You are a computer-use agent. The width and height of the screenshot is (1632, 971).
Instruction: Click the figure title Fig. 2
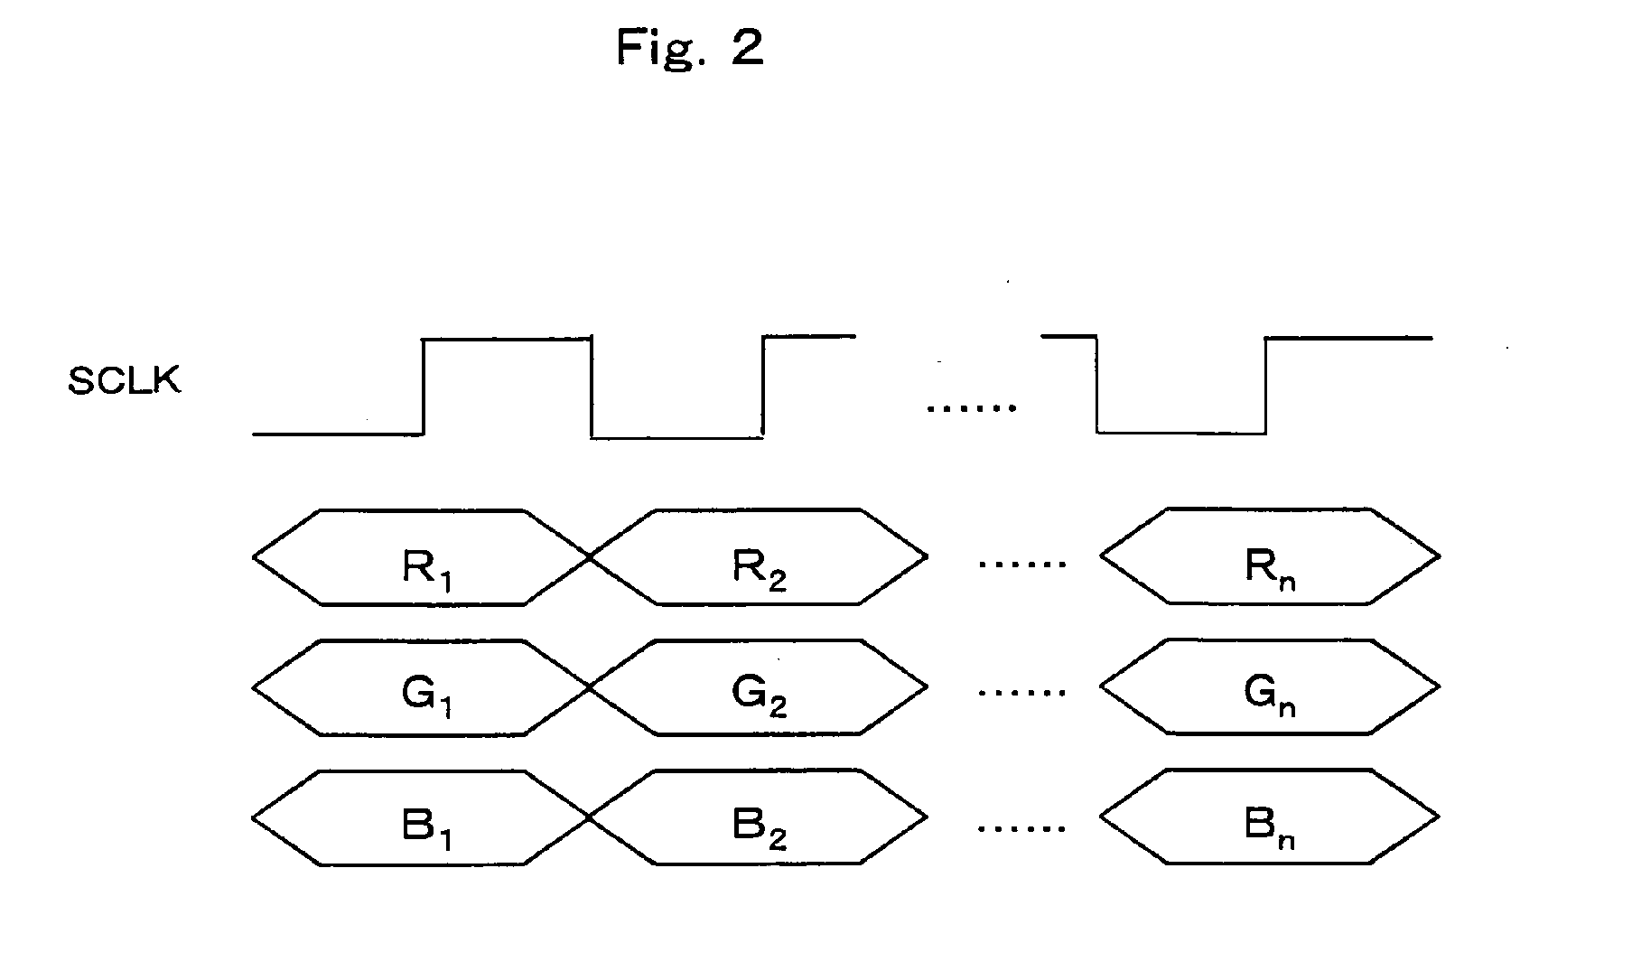690,47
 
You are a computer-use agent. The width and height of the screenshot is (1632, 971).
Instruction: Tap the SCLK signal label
125,381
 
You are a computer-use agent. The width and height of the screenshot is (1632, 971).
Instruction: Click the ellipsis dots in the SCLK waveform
972,408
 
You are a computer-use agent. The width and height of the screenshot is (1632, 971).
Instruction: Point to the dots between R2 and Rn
1022,564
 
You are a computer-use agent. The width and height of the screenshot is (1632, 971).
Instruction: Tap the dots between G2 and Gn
1022,694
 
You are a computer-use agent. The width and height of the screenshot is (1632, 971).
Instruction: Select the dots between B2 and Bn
1022,826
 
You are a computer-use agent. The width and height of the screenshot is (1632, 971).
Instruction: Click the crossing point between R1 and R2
590,557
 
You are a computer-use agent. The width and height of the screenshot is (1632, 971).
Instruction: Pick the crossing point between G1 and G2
590,688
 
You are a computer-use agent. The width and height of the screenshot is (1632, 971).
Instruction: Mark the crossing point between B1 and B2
590,818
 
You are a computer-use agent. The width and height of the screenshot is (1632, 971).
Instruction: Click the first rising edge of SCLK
424,387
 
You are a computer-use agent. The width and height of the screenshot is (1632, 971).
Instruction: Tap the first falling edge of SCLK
592,388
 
